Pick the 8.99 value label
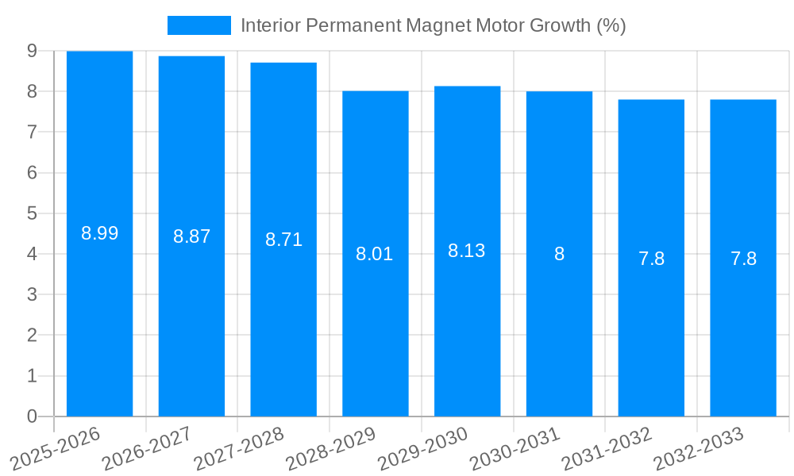click(100, 233)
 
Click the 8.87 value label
click(192, 236)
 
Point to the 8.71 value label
click(283, 240)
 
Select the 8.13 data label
click(467, 251)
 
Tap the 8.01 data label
click(375, 255)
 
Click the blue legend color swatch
click(198, 25)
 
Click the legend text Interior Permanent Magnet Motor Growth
click(433, 25)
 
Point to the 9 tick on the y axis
click(32, 51)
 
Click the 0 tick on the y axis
click(32, 416)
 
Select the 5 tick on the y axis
click(32, 213)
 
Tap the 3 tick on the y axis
click(32, 295)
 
